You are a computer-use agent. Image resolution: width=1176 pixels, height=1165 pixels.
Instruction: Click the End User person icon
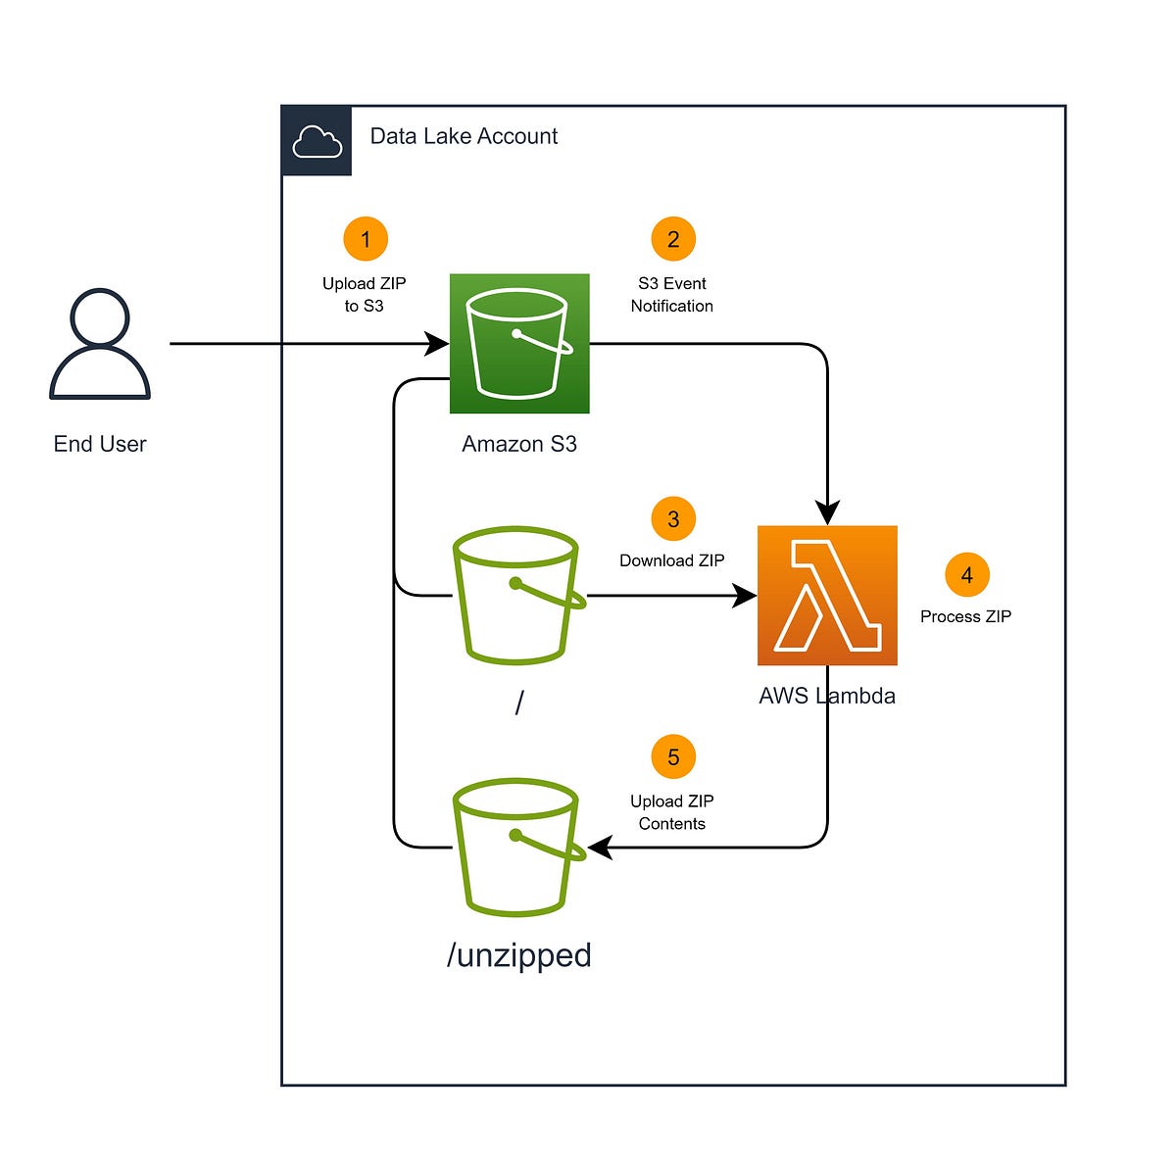coord(100,344)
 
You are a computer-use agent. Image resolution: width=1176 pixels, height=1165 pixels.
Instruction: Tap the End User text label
coord(100,444)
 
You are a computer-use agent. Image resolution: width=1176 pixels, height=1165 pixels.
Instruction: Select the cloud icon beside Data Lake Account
coord(317,141)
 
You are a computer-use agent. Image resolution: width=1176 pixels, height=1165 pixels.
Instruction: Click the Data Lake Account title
coord(464,136)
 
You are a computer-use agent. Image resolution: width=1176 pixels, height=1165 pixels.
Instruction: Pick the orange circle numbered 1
coord(366,239)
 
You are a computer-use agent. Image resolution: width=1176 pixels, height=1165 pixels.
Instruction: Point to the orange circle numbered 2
coord(673,239)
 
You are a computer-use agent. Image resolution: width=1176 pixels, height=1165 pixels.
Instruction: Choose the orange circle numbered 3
coord(673,519)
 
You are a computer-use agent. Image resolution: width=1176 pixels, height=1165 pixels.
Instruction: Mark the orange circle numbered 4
coord(967,575)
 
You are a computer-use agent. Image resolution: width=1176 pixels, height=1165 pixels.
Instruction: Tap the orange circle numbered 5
coord(673,757)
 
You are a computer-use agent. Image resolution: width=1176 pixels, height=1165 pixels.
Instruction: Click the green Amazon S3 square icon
coord(519,344)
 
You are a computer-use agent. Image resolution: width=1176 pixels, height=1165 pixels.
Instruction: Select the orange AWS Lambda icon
coord(827,596)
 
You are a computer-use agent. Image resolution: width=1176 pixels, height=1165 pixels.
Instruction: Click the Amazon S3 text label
coord(519,444)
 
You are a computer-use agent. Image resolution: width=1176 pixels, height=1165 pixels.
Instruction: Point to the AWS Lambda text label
coord(827,696)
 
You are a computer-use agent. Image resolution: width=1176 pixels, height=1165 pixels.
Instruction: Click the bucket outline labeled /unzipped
coord(515,848)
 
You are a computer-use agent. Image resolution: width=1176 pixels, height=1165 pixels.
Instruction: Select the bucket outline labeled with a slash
coord(515,595)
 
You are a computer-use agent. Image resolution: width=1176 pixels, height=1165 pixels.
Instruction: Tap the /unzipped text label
coord(519,954)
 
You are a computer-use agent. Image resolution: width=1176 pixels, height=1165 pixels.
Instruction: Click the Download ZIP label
coord(672,560)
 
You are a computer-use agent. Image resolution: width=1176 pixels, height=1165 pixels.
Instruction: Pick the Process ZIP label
coord(965,616)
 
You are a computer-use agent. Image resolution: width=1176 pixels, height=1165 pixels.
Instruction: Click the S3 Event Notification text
coord(672,294)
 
